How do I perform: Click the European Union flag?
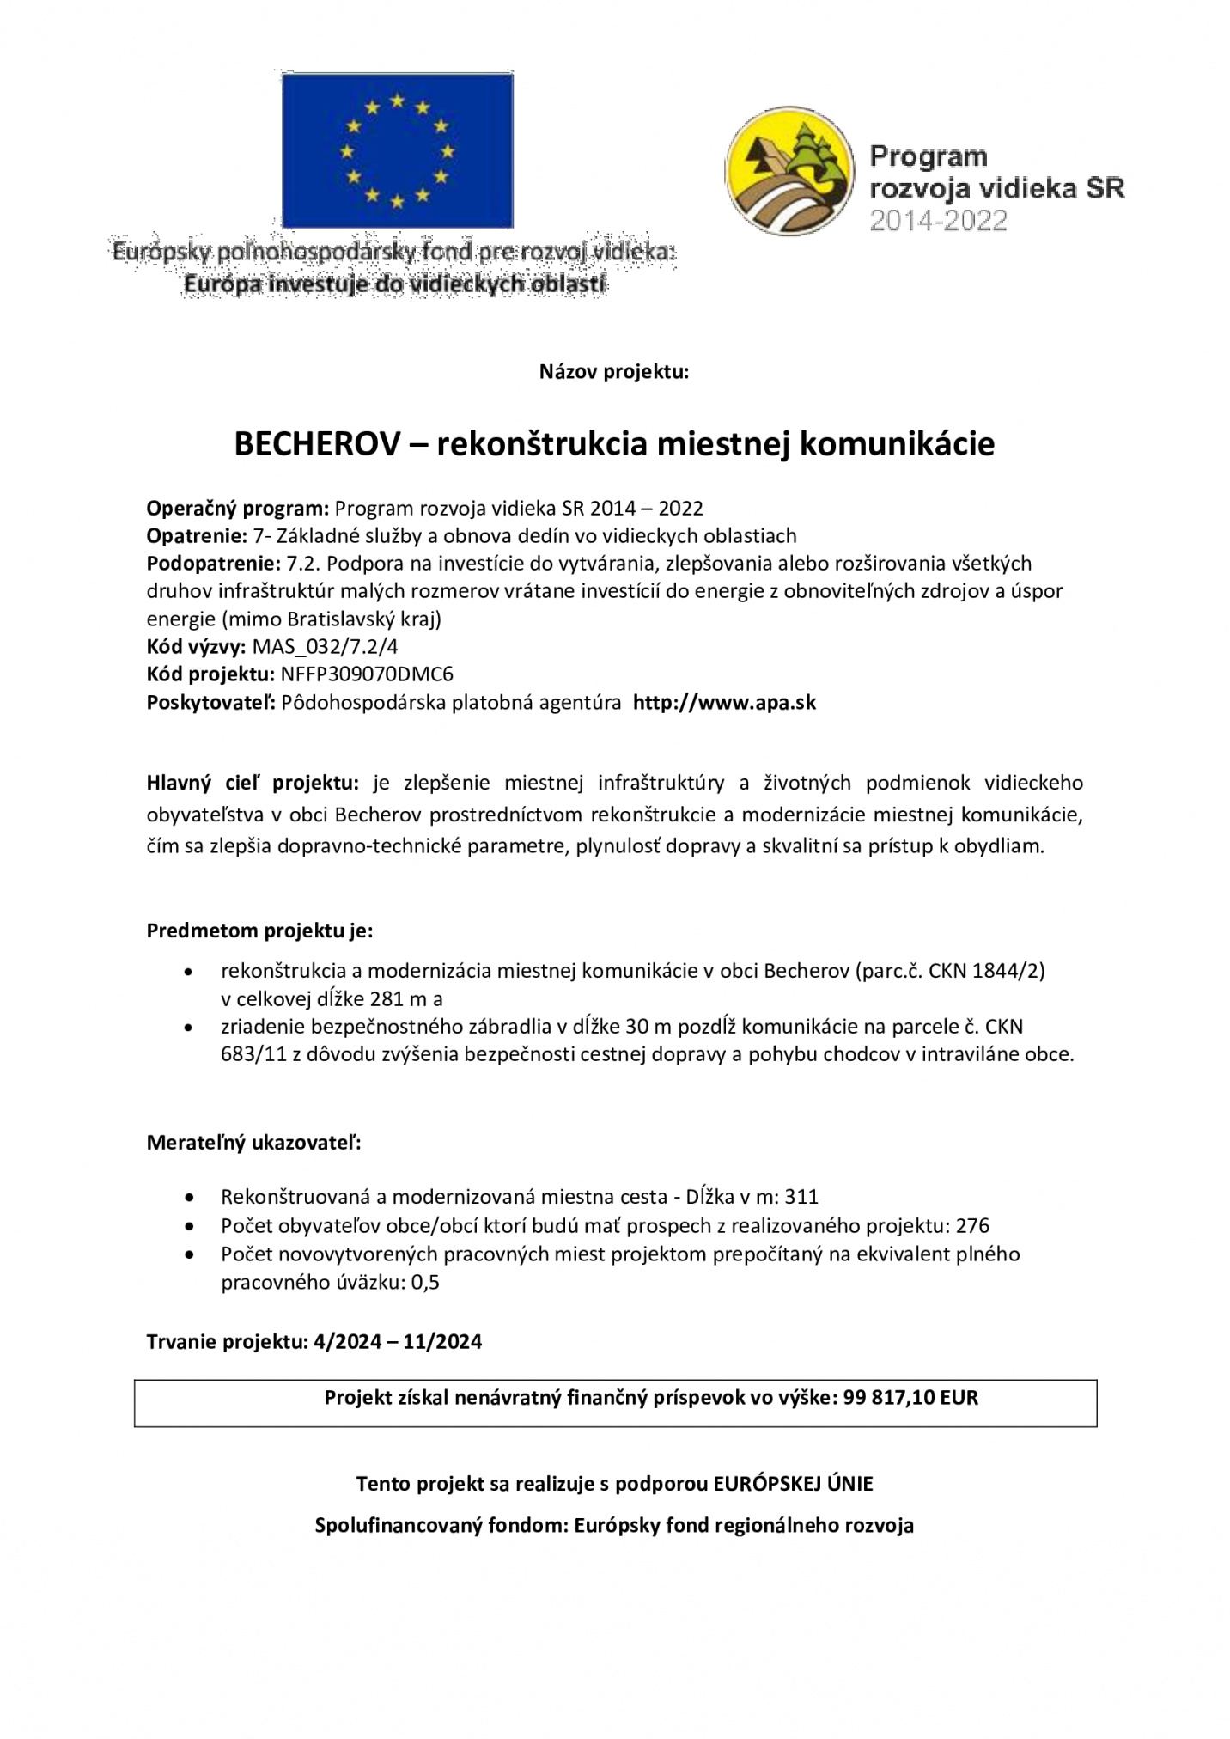click(x=397, y=151)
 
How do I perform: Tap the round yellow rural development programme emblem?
click(x=789, y=175)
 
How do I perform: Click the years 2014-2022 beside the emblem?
click(x=938, y=222)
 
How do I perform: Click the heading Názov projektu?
click(x=613, y=372)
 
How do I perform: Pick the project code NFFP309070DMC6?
click(x=367, y=674)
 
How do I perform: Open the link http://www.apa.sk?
click(x=724, y=703)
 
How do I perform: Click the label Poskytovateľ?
click(x=211, y=703)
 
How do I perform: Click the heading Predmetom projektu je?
click(x=259, y=931)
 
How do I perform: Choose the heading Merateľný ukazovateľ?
click(x=253, y=1143)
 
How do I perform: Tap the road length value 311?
click(x=801, y=1197)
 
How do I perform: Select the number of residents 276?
click(x=972, y=1225)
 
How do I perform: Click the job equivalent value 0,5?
click(x=425, y=1283)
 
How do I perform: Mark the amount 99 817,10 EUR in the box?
click(x=910, y=1398)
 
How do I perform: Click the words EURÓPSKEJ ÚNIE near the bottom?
click(x=793, y=1484)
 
